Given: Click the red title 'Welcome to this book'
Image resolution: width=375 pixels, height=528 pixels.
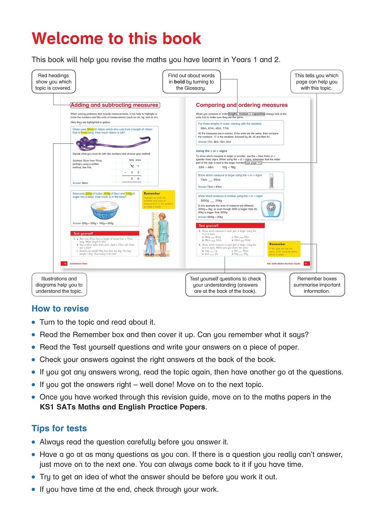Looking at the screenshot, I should [x=116, y=39].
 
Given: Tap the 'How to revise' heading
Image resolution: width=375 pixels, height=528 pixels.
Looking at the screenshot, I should [x=60, y=309].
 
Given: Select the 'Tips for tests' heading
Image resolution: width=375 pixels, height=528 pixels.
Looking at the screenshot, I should [x=59, y=428].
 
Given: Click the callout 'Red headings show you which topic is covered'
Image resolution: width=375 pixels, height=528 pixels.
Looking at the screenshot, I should [x=54, y=82].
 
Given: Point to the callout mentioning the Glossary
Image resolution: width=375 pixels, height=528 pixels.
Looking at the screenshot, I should [x=191, y=82].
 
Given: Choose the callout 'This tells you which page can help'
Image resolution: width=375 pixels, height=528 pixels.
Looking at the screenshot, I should [x=316, y=82].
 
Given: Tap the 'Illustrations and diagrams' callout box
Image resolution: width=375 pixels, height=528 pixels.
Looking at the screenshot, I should [x=59, y=285].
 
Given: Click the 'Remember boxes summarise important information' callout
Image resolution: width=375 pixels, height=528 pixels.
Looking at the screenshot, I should [x=317, y=285].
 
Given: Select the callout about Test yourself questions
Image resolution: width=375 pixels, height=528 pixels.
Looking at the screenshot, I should [x=225, y=285].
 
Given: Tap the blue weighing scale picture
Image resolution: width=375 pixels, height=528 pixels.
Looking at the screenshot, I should [x=271, y=208].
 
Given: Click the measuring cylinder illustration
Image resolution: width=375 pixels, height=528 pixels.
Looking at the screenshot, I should [x=271, y=181].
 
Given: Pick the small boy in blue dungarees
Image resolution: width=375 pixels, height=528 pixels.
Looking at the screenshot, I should [x=150, y=242].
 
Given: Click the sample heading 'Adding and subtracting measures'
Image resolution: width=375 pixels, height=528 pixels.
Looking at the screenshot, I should [x=114, y=105].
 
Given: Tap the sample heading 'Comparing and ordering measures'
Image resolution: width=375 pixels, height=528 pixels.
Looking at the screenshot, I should [x=241, y=105].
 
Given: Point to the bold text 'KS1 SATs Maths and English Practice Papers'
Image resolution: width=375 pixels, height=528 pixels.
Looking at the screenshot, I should [x=122, y=407].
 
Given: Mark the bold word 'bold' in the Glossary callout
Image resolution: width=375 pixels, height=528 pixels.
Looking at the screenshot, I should [x=179, y=82].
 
